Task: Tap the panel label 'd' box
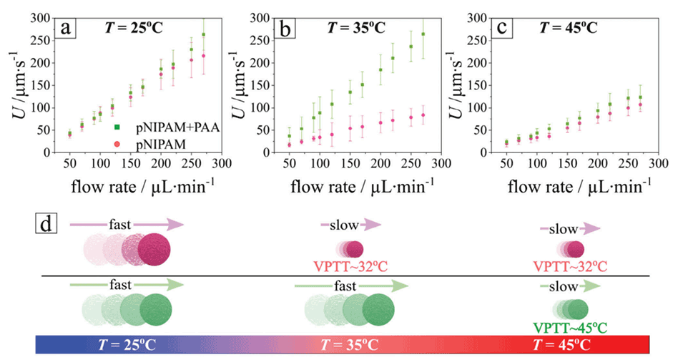point(45,226)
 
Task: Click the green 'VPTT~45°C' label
point(569,329)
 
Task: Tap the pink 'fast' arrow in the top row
point(126,225)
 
